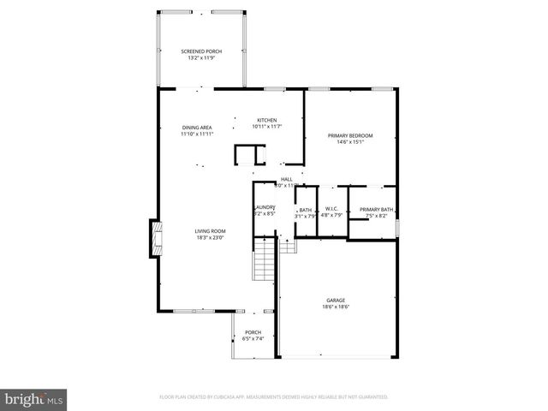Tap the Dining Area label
click(x=197, y=128)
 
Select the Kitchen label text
click(x=267, y=120)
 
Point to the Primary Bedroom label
click(x=351, y=135)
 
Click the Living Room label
click(x=210, y=230)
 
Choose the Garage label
click(x=336, y=300)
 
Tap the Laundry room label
click(x=264, y=206)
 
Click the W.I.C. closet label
click(x=331, y=209)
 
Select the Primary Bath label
click(x=376, y=209)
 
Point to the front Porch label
click(x=253, y=332)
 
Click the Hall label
click(x=286, y=179)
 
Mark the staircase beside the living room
click(x=263, y=262)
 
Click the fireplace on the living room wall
click(x=154, y=239)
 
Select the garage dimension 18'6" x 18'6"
click(x=336, y=306)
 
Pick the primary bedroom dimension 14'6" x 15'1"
click(x=351, y=142)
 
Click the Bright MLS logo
click(x=34, y=399)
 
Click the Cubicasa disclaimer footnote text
click(x=274, y=397)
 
